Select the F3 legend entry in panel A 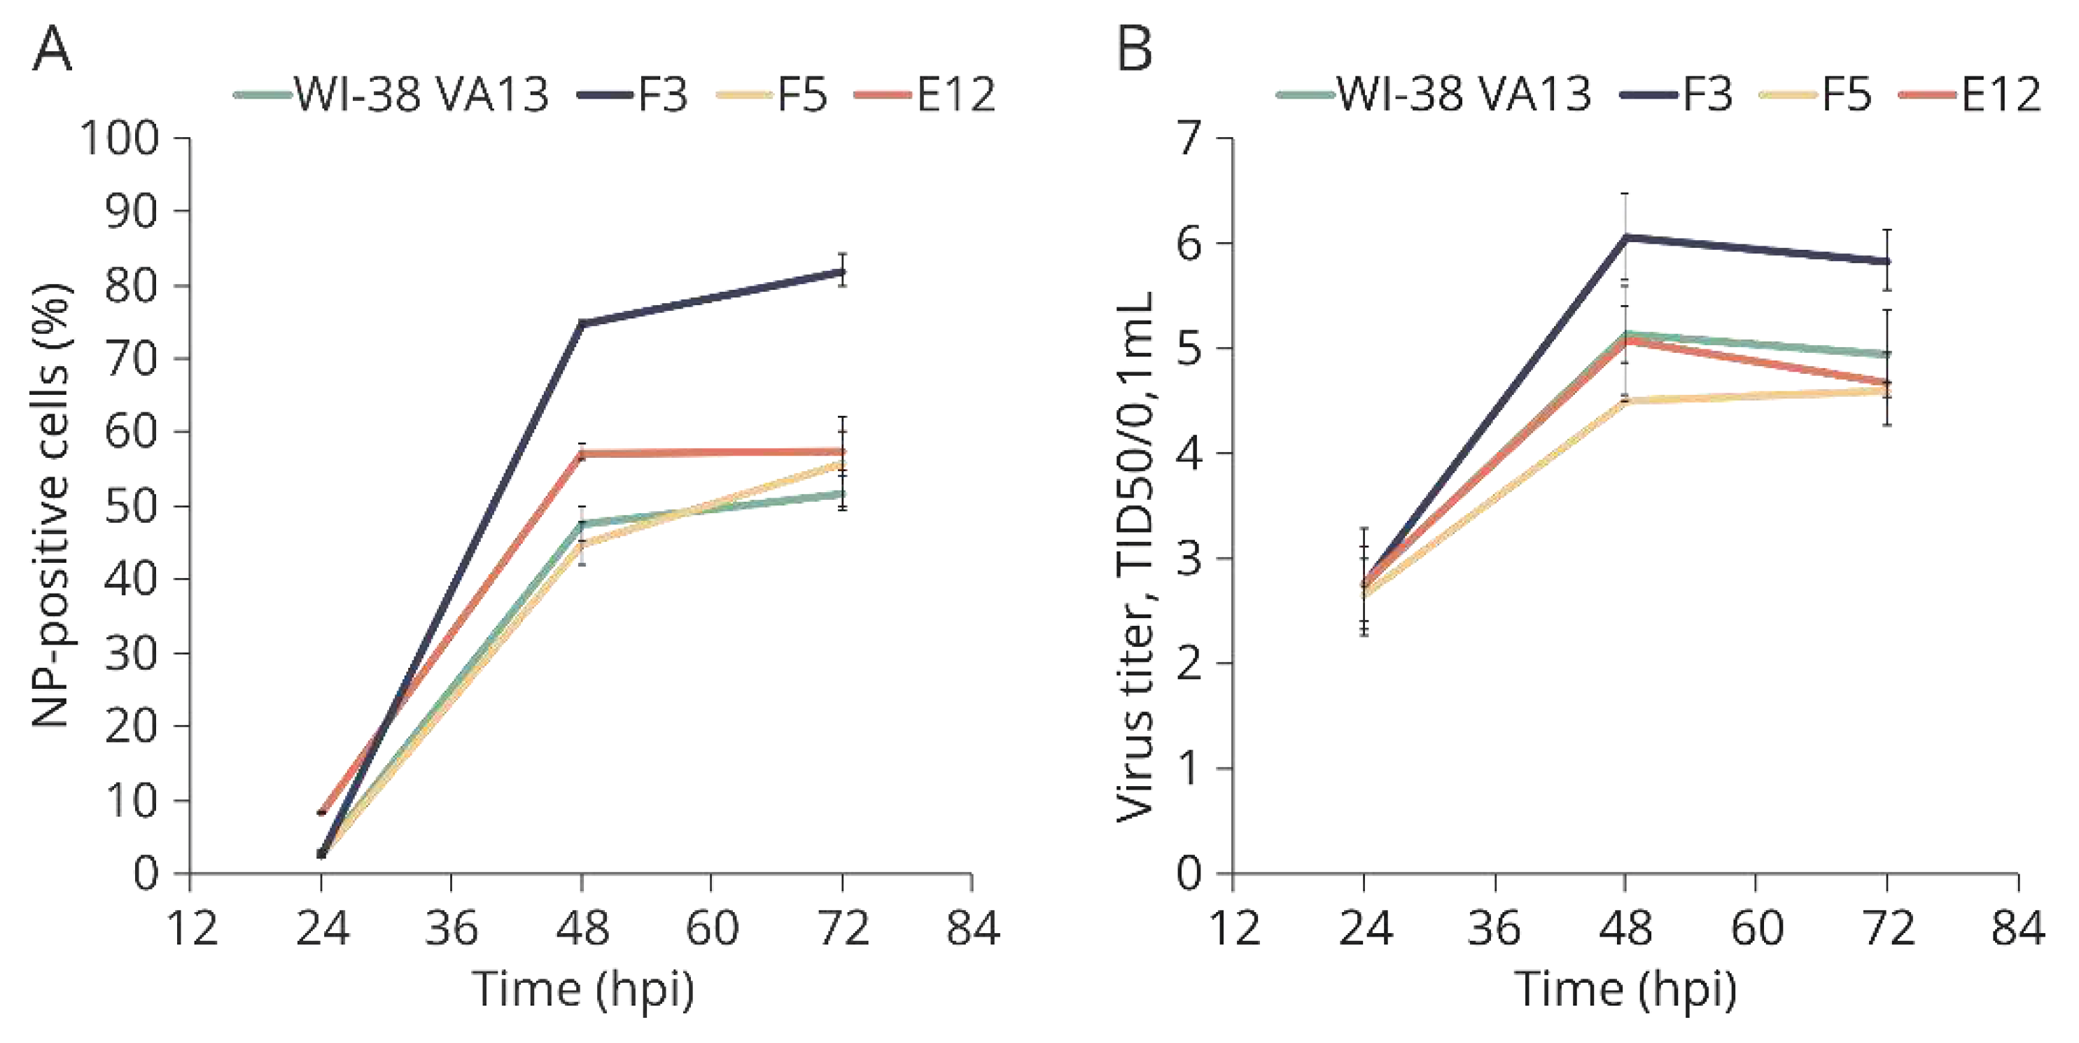tap(634, 94)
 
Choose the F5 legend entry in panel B tap(1816, 94)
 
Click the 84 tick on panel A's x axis tap(972, 927)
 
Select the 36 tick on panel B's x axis tap(1494, 927)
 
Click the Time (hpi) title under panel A tap(582, 989)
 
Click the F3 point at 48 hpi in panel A tap(582, 323)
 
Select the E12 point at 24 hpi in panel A tap(321, 811)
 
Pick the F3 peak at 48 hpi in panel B tap(1625, 237)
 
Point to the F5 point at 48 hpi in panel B tap(1625, 400)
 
